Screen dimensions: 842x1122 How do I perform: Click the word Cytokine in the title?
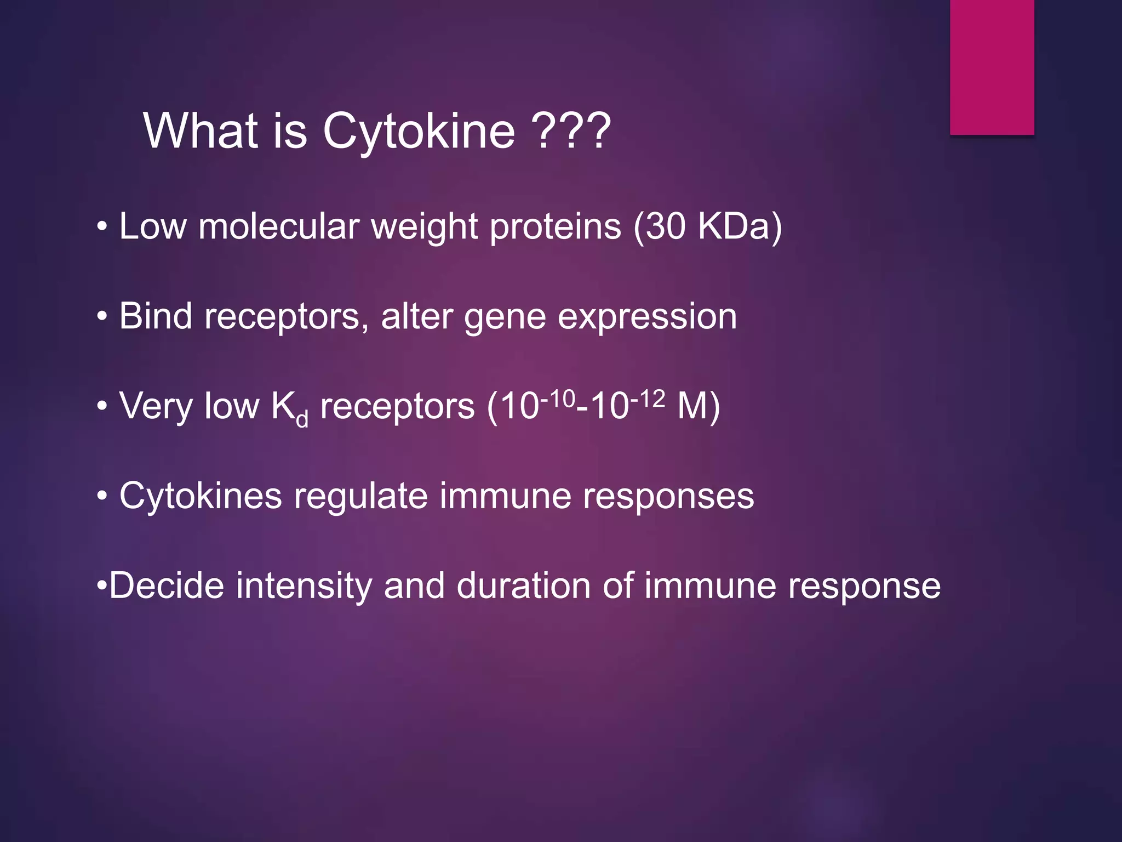pyautogui.click(x=419, y=132)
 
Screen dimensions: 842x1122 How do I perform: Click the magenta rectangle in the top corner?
pyautogui.click(x=992, y=67)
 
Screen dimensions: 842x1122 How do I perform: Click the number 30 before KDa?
pyautogui.click(x=665, y=226)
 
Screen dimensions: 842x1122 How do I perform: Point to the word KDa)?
pyautogui.click(x=740, y=226)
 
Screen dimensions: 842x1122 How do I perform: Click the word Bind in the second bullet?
pyautogui.click(x=156, y=316)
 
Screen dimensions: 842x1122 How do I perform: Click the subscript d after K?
pyautogui.click(x=302, y=419)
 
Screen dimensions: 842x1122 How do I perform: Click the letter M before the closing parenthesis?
pyautogui.click(x=692, y=407)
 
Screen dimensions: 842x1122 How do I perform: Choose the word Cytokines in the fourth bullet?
pyautogui.click(x=201, y=496)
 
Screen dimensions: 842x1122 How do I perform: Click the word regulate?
pyautogui.click(x=360, y=496)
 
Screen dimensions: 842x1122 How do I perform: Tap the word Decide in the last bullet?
pyautogui.click(x=167, y=585)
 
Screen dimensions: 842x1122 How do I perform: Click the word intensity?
pyautogui.click(x=304, y=585)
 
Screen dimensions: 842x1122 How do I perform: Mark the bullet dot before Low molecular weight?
pyautogui.click(x=102, y=227)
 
